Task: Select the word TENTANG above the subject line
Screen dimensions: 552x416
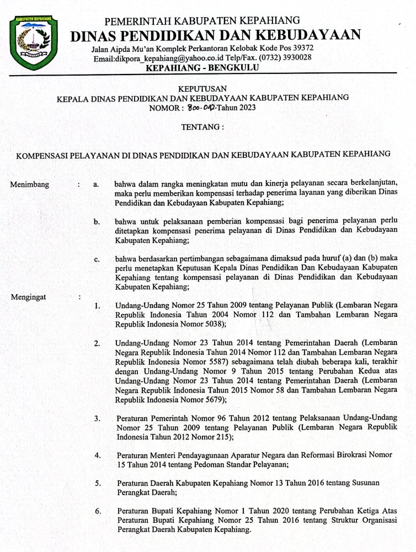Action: click(x=202, y=127)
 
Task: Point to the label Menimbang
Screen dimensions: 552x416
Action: click(x=30, y=185)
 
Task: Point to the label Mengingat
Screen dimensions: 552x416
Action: click(x=29, y=297)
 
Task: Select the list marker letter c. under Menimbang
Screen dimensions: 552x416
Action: click(x=97, y=259)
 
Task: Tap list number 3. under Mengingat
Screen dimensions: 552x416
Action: click(x=97, y=418)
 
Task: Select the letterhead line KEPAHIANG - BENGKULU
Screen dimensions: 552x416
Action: click(x=202, y=68)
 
